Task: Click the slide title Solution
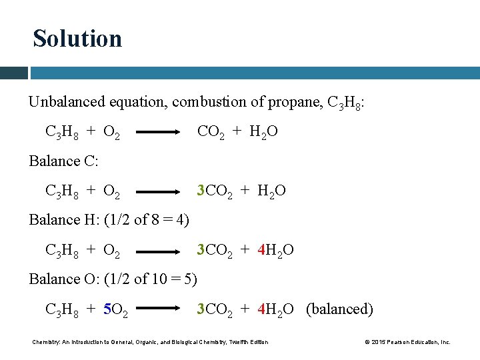point(77,39)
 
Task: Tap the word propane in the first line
point(294,102)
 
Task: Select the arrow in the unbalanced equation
point(159,133)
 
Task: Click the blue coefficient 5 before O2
point(107,309)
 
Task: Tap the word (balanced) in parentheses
point(339,309)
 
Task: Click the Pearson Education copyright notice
point(408,342)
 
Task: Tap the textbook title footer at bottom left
point(151,342)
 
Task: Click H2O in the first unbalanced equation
point(263,132)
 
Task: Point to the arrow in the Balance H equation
point(159,251)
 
